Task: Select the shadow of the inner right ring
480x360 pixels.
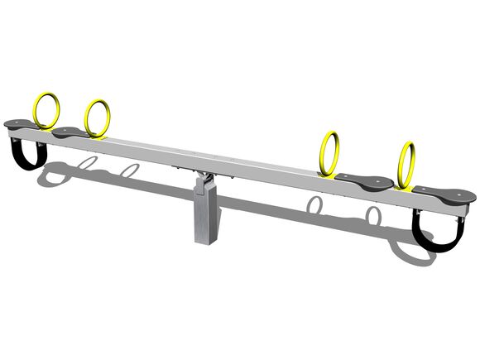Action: coord(314,205)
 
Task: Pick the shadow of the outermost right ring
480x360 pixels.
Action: coord(374,217)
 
